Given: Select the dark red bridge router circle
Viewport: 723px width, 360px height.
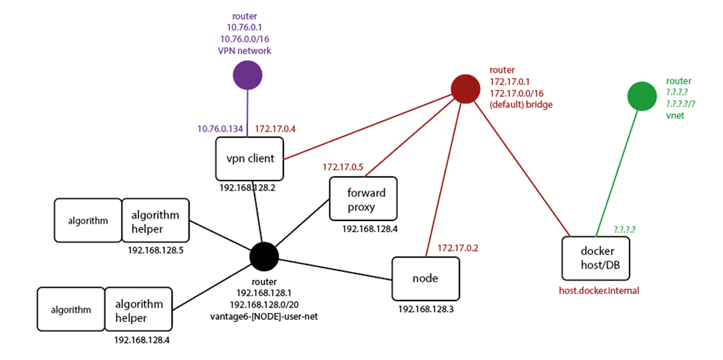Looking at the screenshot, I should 466,88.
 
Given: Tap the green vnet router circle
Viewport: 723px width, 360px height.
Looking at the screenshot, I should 642,95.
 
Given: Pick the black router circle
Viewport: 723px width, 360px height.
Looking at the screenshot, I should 263,256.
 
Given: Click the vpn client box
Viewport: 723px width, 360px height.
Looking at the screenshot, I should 250,158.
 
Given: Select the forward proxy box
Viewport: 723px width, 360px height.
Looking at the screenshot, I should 364,199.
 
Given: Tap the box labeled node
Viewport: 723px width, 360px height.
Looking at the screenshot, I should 425,278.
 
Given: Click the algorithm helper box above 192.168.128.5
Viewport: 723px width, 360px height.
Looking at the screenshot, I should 156,220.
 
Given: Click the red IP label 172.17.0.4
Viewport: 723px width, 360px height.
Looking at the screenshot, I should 275,128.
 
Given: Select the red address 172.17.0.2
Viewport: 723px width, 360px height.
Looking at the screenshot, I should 457,248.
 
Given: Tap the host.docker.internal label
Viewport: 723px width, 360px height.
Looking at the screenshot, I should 599,290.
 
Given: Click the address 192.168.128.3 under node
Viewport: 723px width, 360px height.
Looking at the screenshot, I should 425,309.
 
